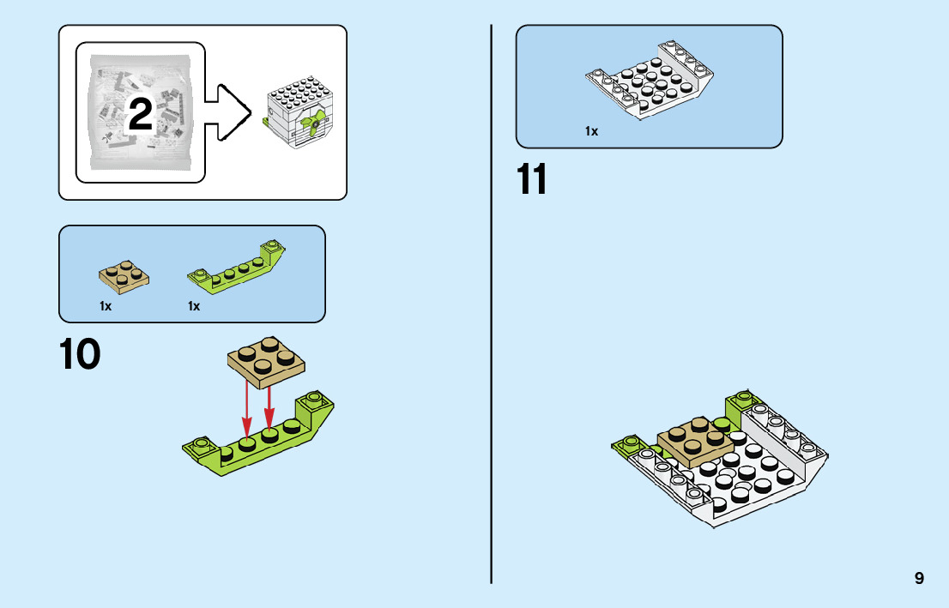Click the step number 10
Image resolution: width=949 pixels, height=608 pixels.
point(80,355)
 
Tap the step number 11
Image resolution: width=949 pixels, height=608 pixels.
point(532,179)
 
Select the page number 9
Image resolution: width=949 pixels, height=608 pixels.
point(919,578)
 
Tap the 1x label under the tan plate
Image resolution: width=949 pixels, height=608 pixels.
point(106,306)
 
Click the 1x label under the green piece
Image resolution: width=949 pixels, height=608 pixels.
point(194,306)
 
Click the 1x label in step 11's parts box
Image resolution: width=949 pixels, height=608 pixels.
point(591,131)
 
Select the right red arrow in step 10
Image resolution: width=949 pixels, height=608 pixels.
point(269,406)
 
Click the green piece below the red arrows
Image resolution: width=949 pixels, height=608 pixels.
point(257,441)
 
